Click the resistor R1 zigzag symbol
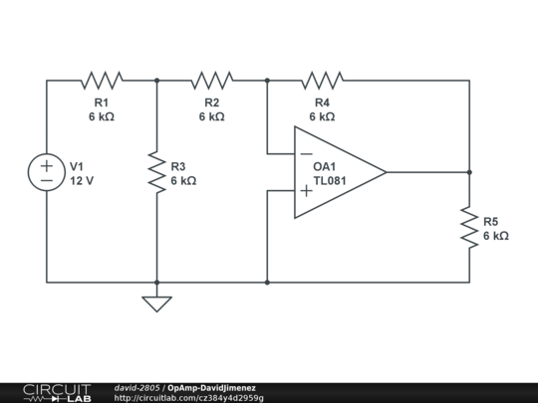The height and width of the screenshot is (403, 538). click(x=102, y=80)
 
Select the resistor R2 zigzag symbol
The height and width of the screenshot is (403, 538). click(x=211, y=80)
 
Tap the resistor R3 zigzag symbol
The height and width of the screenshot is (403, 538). click(x=156, y=173)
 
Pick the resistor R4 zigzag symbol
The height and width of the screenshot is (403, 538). click(x=322, y=80)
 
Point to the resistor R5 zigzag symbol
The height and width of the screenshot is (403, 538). click(x=469, y=227)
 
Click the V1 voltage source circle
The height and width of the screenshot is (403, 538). click(x=47, y=173)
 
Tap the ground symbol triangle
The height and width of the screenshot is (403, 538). click(x=156, y=303)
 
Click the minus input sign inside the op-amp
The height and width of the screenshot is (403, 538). click(x=306, y=154)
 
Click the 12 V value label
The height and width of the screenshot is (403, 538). click(x=82, y=181)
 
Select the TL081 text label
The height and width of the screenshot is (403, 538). click(x=330, y=181)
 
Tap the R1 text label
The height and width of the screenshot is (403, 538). click(x=102, y=102)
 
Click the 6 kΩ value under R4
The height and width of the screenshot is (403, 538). click(x=322, y=116)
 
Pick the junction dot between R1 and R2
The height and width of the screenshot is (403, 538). click(x=156, y=80)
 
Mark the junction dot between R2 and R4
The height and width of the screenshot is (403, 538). click(x=267, y=80)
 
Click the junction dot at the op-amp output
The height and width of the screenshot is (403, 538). click(x=469, y=172)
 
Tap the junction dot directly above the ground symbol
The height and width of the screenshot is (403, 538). click(x=156, y=283)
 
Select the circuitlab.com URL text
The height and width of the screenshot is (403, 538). click(x=189, y=398)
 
